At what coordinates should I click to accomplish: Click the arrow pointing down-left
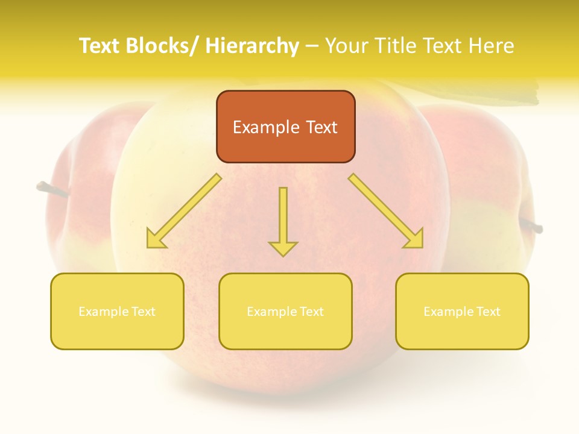point(184,211)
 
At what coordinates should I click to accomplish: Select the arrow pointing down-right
point(386,211)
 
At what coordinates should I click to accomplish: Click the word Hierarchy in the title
point(252,46)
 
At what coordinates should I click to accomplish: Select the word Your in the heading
point(347,46)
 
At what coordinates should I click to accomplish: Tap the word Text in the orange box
point(321,127)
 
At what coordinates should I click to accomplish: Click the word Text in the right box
point(489,312)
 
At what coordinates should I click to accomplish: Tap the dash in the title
point(312,46)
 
